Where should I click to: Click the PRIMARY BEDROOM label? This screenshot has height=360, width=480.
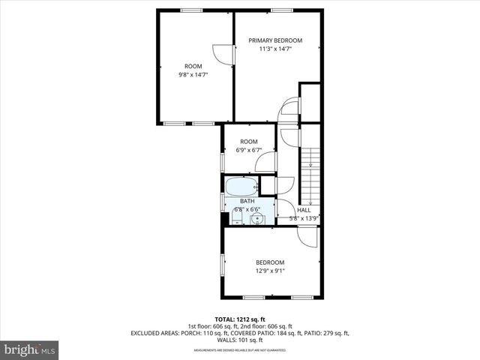(275, 40)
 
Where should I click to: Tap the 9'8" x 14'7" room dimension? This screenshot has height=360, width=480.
(193, 75)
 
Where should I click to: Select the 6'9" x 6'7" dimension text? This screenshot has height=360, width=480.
(249, 150)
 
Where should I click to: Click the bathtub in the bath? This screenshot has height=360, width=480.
(241, 187)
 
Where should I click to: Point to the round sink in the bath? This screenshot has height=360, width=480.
(256, 219)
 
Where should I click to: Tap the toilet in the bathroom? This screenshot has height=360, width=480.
(234, 218)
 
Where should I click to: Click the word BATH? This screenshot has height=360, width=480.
(247, 202)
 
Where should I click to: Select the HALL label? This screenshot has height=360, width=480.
(304, 210)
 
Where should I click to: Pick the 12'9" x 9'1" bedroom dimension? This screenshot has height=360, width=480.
(270, 271)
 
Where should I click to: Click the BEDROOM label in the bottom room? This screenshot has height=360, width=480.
(270, 262)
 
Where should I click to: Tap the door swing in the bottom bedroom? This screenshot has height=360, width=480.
(307, 235)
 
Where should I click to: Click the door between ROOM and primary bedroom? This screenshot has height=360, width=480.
(223, 54)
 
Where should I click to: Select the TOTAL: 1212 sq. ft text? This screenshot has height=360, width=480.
(240, 318)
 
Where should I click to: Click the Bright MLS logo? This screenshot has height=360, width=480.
(30, 349)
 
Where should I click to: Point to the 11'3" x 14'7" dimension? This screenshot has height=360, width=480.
(275, 49)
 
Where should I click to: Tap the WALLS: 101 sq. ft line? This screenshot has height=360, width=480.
(240, 340)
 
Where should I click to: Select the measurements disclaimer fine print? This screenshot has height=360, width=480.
(240, 350)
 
